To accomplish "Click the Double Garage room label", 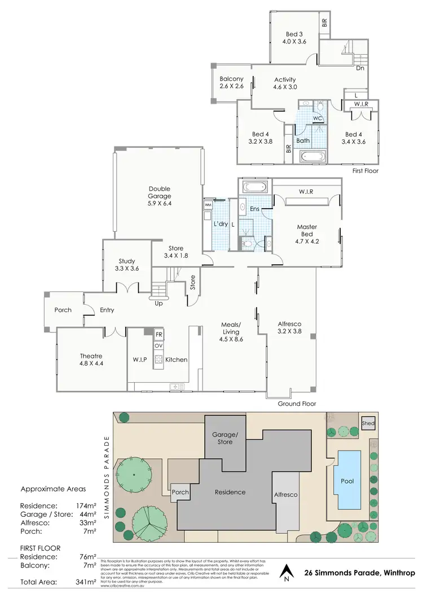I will [160, 196].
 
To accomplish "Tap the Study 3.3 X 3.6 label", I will [127, 265].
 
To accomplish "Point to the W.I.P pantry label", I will [140, 360].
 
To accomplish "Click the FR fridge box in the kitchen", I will [159, 334].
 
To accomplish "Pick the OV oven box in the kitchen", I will [159, 345].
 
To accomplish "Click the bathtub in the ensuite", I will [256, 187].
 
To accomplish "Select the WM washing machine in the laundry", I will [208, 205].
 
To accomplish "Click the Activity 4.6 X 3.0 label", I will [285, 83].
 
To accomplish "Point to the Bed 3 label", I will [295, 37].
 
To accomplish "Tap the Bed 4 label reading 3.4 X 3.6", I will [354, 138].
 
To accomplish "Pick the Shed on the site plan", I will [368, 423].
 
